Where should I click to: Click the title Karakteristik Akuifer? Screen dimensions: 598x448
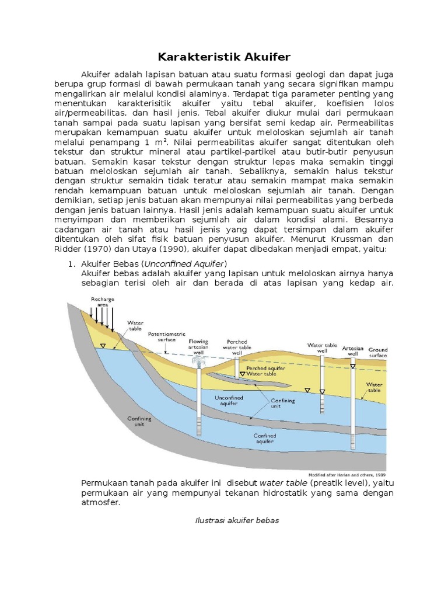pos(224,57)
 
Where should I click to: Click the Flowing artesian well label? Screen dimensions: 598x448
pos(198,345)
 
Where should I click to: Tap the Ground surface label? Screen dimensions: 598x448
pos(377,353)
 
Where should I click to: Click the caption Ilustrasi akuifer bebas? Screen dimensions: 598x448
pos(237,520)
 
